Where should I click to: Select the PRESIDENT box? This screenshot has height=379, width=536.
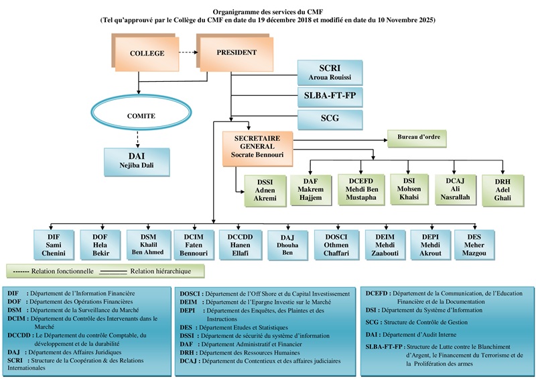237,52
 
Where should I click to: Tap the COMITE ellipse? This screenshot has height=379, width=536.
141,116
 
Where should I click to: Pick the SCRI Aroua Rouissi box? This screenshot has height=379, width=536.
330,72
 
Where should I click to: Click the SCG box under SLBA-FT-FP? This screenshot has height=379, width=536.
330,119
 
